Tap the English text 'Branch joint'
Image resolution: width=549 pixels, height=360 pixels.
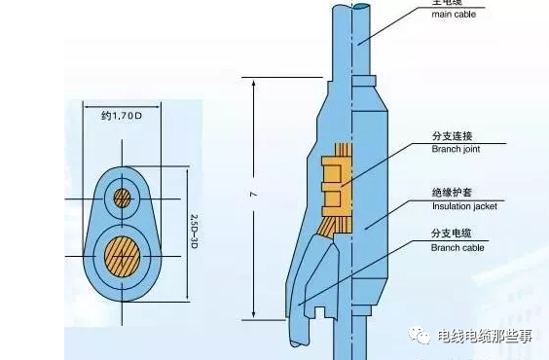tap(455, 149)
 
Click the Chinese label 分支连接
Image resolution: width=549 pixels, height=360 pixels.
tap(450, 136)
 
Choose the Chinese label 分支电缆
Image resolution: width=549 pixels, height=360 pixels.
tap(450, 235)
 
